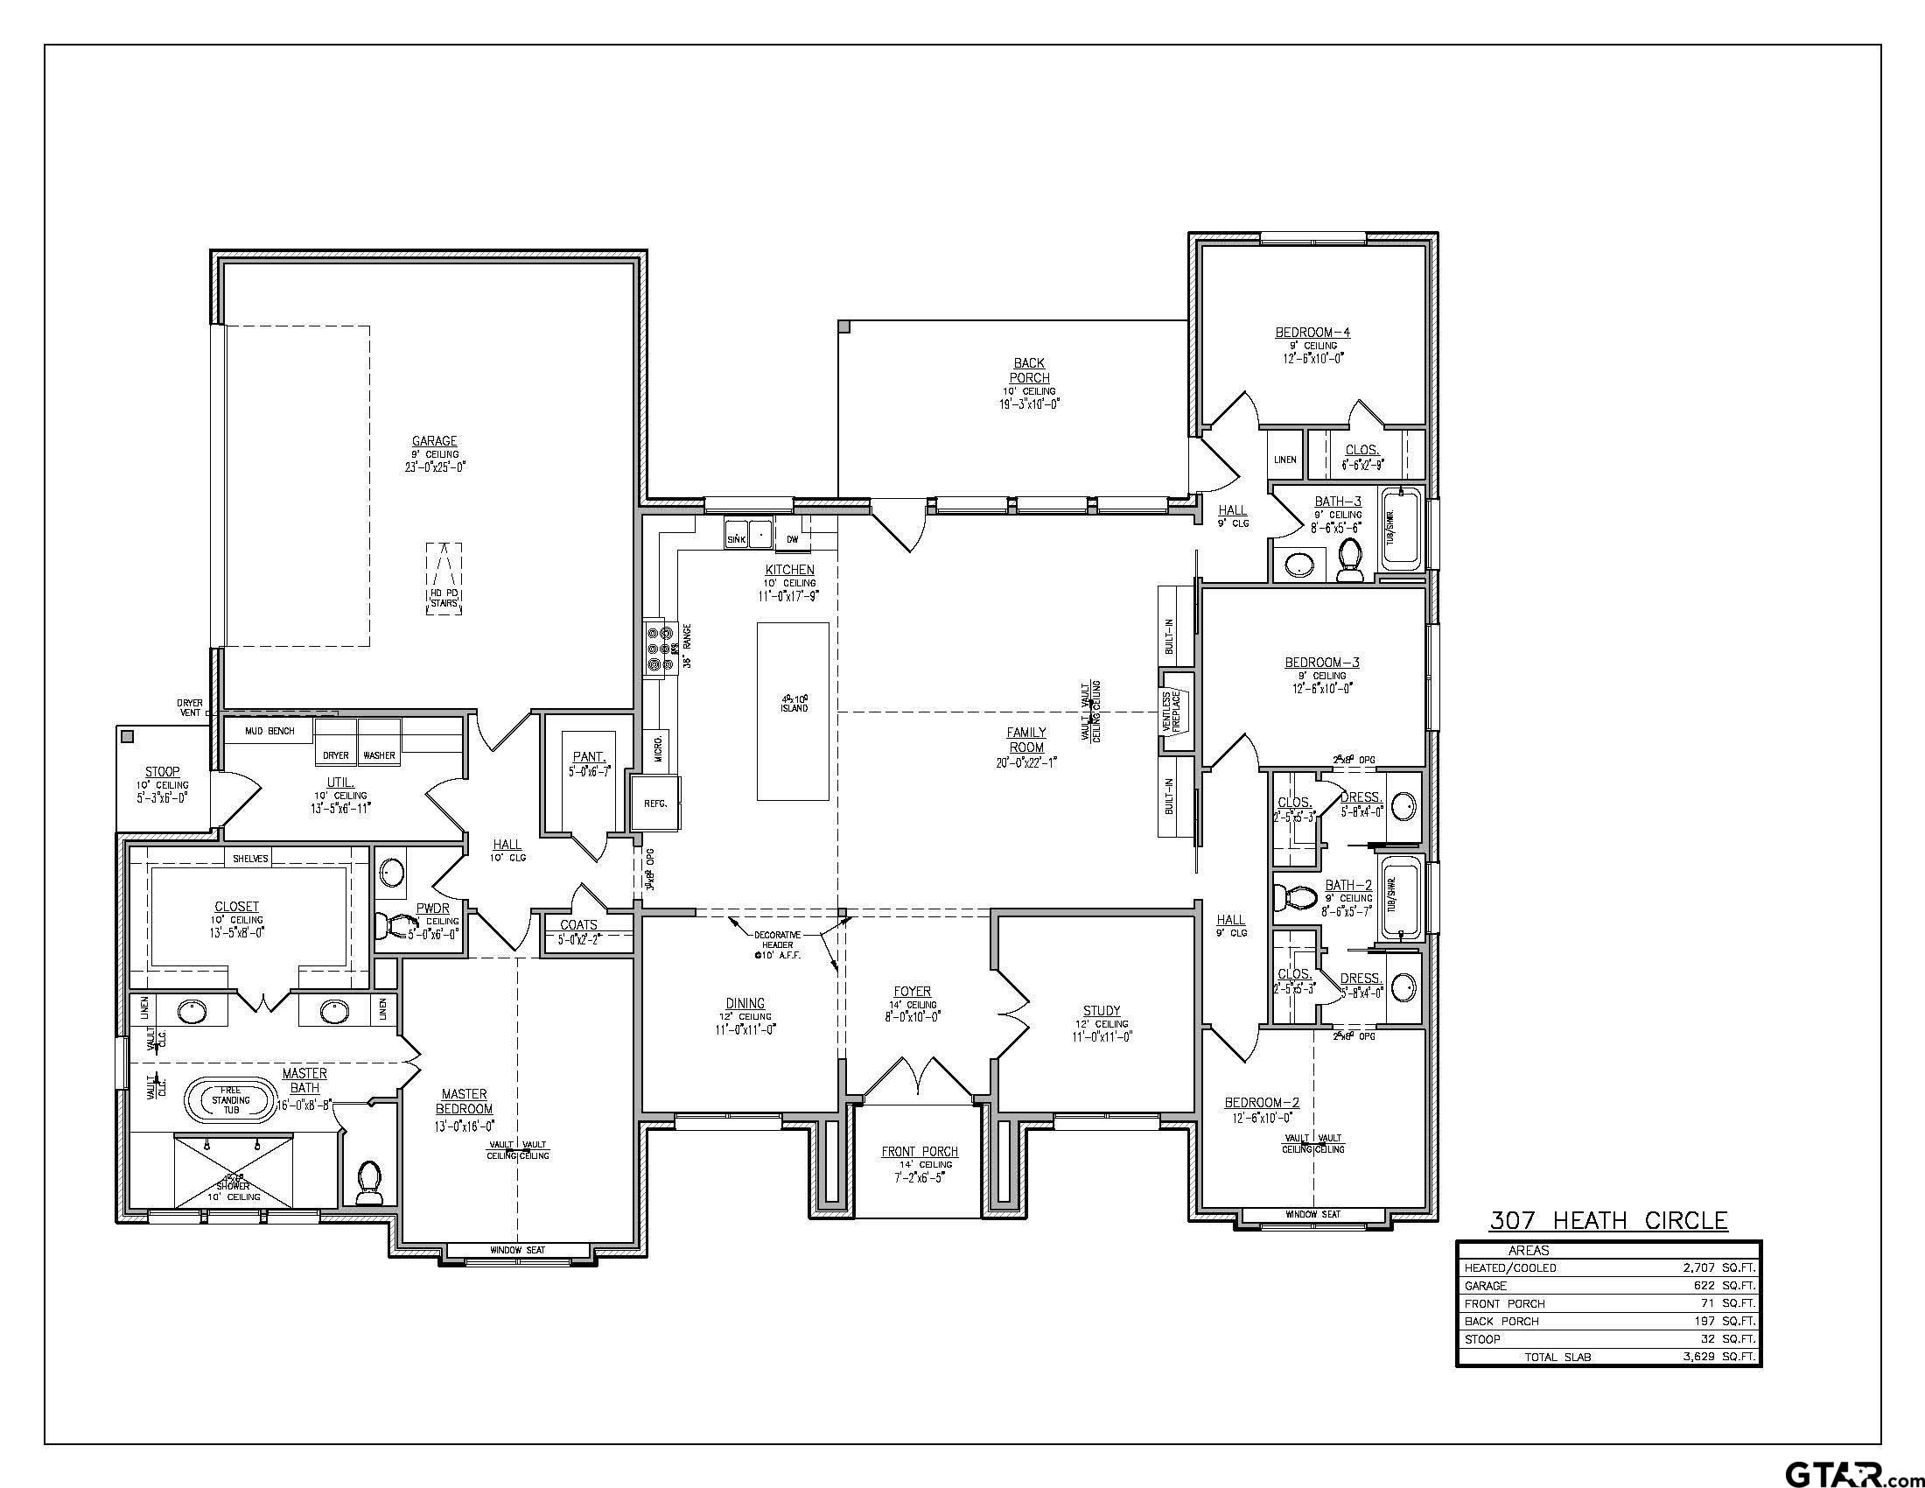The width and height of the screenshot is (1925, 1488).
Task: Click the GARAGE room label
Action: [x=435, y=442]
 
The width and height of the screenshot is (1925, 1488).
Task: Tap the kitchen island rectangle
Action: [x=793, y=712]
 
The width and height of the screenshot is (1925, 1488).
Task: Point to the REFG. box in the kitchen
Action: [x=655, y=804]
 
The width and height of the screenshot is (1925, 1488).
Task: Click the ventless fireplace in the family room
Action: [x=1175, y=712]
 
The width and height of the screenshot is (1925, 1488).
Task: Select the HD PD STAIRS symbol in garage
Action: [x=444, y=579]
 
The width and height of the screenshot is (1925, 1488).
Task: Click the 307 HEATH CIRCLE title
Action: [x=1607, y=1220]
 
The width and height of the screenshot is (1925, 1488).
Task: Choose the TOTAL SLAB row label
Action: [x=1557, y=1357]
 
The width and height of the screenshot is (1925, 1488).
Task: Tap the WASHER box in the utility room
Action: [x=379, y=755]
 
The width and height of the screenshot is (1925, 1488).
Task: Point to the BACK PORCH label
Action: [x=1028, y=370]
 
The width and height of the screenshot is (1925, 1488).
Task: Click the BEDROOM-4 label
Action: [x=1312, y=333]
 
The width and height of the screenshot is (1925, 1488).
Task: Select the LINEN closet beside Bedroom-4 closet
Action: [x=1284, y=460]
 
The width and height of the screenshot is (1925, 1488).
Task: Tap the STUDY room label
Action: [x=1102, y=1011]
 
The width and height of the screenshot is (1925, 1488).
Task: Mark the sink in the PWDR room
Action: [x=391, y=874]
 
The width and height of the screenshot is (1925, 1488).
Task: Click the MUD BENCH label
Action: [x=269, y=732]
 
